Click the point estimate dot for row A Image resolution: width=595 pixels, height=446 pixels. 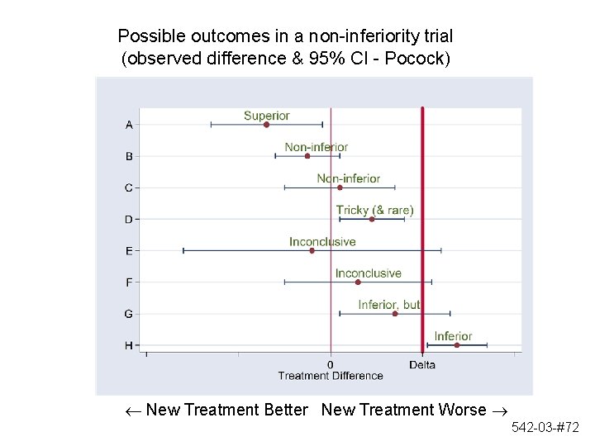tap(266, 125)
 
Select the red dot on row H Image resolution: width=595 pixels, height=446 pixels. tap(457, 345)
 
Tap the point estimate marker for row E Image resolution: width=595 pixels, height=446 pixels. tap(312, 250)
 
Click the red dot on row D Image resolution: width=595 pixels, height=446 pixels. tap(372, 219)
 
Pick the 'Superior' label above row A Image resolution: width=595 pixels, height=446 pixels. tap(266, 116)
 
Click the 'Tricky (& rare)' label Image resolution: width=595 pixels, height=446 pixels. tap(374, 210)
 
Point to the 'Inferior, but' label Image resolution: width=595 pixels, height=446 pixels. tap(389, 305)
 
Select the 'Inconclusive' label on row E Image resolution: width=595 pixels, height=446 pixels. tap(322, 242)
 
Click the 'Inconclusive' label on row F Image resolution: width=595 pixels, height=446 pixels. tap(368, 273)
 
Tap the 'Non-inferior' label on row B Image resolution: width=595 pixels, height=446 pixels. tap(317, 147)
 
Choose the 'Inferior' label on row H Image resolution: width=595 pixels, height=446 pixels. tap(453, 336)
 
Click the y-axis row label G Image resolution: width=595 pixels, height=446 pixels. tap(129, 314)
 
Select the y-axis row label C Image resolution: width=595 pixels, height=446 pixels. tap(129, 187)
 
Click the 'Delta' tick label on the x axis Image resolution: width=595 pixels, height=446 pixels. tap(422, 364)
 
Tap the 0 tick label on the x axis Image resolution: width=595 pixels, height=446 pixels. tap(331, 364)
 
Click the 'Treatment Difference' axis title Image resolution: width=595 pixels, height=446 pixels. tap(331, 376)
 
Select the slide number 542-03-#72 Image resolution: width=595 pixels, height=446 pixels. tap(545, 427)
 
